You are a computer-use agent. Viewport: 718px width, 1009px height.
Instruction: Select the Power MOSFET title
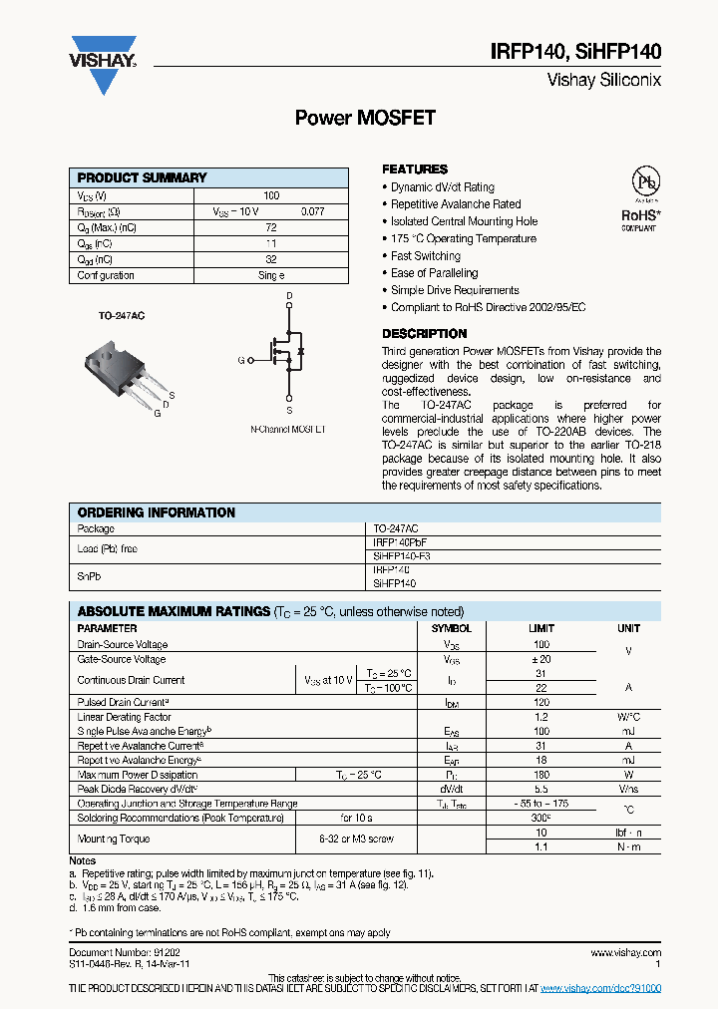(x=365, y=118)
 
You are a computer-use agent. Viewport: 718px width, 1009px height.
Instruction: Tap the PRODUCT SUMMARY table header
(x=143, y=177)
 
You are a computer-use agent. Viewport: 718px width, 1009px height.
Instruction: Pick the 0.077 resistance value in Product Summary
(x=313, y=212)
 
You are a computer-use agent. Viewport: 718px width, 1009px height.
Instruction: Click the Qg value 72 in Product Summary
(x=270, y=228)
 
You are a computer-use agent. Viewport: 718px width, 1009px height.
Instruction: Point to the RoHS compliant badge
(x=639, y=215)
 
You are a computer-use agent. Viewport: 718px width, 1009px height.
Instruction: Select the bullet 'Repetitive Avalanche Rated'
(x=456, y=204)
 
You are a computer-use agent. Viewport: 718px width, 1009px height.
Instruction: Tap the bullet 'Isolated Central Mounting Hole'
(x=464, y=221)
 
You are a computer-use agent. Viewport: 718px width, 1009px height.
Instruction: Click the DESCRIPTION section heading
(x=425, y=334)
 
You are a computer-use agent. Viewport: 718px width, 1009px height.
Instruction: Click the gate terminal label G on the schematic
(x=240, y=360)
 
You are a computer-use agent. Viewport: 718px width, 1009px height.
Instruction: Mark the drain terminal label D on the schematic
(x=289, y=296)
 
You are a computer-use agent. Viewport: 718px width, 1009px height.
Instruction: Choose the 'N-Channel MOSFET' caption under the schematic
(x=288, y=428)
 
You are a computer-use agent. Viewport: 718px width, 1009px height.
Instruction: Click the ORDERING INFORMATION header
(x=157, y=512)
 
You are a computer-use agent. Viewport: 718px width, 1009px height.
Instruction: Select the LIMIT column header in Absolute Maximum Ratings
(x=541, y=629)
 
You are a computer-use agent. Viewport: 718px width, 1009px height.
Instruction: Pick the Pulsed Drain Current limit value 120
(x=541, y=703)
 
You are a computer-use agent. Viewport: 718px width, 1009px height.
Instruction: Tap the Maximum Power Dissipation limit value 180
(x=541, y=774)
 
